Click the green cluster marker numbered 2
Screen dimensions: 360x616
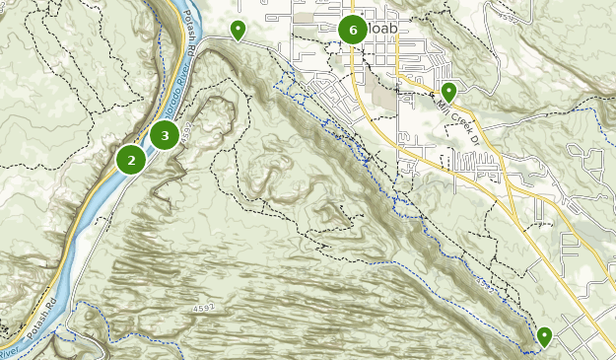(131, 159)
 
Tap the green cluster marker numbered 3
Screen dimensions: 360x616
(165, 135)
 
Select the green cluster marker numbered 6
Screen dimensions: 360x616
(353, 31)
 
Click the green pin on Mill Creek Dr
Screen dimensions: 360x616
(448, 92)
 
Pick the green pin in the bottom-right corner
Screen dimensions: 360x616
(544, 336)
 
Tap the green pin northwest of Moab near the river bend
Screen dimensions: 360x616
(238, 31)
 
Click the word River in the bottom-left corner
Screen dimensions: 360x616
(8, 351)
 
